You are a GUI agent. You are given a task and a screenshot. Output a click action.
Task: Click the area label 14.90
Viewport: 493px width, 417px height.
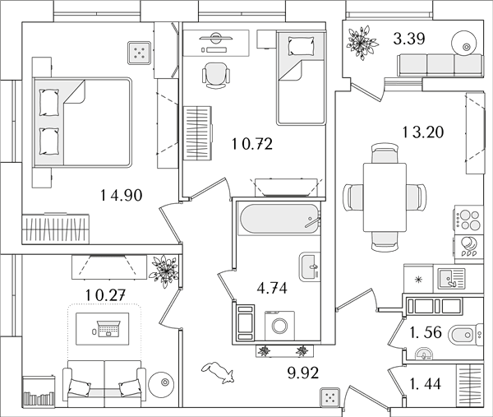coord(122,195)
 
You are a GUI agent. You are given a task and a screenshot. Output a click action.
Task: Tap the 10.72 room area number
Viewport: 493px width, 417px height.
coord(252,144)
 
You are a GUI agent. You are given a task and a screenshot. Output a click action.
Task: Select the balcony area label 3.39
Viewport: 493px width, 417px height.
coord(409,39)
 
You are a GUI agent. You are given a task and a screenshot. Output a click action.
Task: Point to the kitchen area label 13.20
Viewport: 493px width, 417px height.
coord(423,132)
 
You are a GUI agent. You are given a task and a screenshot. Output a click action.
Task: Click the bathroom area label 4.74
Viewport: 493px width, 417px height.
coord(272,288)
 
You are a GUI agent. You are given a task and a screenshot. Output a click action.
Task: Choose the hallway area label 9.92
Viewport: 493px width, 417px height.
coord(303,373)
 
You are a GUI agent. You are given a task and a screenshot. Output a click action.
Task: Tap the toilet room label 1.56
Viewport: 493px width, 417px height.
coord(426,332)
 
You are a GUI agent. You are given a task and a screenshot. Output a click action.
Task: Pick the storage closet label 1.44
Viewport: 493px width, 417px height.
coord(425,383)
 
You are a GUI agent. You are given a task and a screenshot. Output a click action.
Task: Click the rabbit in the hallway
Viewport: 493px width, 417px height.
coord(218,373)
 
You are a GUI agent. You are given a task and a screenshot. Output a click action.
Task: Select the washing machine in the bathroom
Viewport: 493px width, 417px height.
coord(279,326)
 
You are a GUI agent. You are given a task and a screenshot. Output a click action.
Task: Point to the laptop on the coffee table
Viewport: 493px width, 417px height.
coord(108,328)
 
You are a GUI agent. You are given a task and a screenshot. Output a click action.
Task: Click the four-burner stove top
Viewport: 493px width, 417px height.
coord(469,220)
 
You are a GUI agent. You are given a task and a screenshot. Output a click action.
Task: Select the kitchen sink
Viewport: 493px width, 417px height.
coord(449,279)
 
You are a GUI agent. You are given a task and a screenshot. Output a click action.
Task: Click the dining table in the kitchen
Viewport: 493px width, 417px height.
coord(385,197)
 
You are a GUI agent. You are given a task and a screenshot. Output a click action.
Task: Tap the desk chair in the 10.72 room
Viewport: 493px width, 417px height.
coord(215,75)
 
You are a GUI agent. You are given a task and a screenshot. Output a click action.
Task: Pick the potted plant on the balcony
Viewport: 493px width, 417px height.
coord(362,43)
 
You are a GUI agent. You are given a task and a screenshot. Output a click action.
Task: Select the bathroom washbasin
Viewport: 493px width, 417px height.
coord(310,266)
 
